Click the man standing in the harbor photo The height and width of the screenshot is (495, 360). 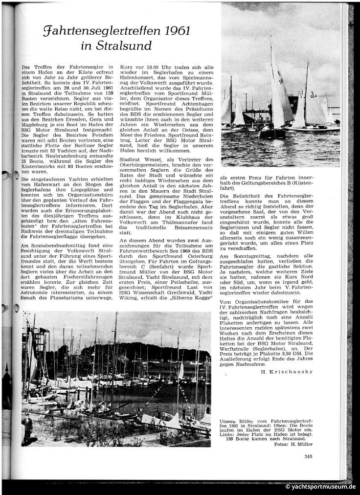tap(28, 427)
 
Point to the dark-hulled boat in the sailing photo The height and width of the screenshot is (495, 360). tap(272, 133)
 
